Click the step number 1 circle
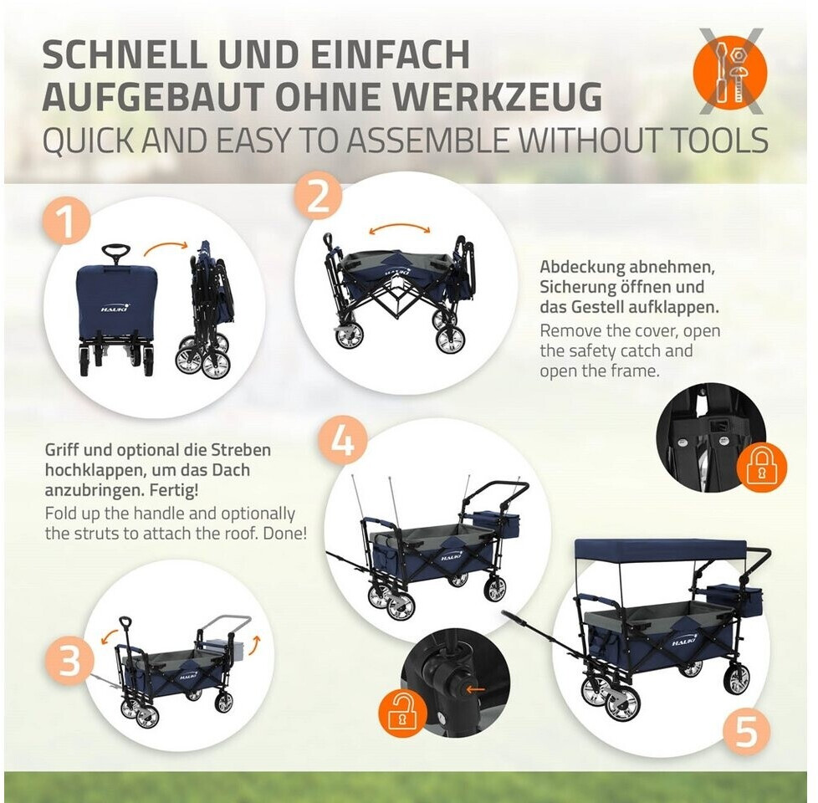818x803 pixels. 66,222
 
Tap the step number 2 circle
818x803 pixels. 319,197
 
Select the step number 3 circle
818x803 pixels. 69,660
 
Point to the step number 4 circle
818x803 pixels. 343,441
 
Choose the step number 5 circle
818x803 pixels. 747,730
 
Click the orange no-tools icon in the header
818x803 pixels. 730,71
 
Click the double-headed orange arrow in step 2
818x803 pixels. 400,228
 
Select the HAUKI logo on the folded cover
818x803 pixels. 115,309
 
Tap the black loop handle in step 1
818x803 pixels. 115,253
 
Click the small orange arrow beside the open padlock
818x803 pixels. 476,690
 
